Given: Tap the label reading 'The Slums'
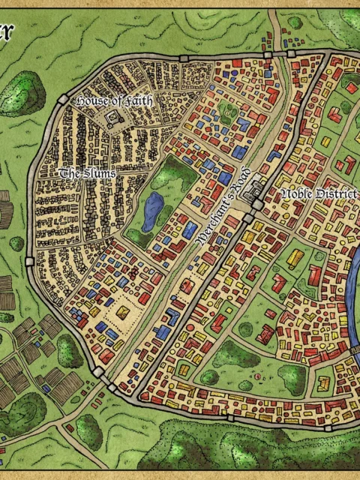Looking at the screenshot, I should (88, 173).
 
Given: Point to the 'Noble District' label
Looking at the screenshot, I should (317, 193).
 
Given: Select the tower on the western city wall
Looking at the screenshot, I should (29, 262).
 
